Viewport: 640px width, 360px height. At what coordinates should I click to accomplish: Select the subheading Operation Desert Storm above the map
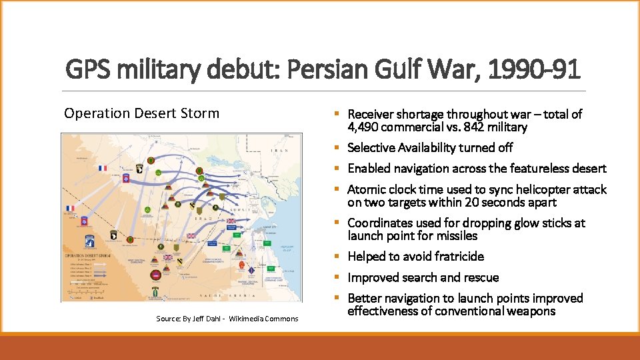point(141,113)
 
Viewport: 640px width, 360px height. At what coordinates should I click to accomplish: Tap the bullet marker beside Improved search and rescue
point(340,277)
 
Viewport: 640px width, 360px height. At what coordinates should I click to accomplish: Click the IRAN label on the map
point(278,151)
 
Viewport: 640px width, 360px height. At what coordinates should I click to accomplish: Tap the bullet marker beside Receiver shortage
point(340,115)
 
